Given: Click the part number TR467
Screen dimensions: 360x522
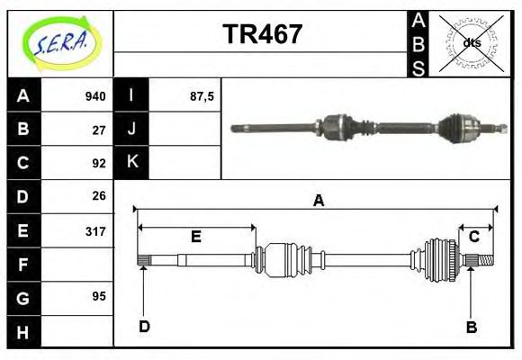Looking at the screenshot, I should (x=262, y=35).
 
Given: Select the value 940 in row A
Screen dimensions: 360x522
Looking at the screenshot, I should (x=94, y=96).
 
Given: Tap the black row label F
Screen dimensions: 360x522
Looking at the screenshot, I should (x=23, y=264).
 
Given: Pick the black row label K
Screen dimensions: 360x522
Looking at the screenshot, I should (x=131, y=163).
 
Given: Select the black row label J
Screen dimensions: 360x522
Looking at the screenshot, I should (x=131, y=130).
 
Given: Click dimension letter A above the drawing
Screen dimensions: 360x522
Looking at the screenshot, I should (x=318, y=202).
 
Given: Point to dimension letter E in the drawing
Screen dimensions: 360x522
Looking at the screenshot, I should (x=195, y=238).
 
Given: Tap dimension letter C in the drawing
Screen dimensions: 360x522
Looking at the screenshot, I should (x=473, y=237).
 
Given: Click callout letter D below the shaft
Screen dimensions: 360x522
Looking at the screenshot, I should (x=144, y=327).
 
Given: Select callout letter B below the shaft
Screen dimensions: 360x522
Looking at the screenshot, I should (x=471, y=327).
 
